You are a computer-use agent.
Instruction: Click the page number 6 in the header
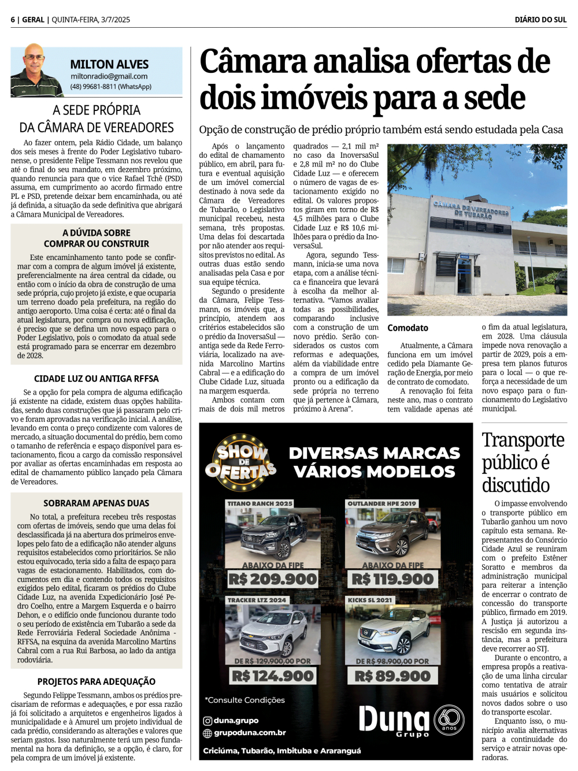tap(12, 20)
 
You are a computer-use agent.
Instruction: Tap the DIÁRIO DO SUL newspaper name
tap(540, 20)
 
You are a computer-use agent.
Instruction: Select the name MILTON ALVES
tap(109, 64)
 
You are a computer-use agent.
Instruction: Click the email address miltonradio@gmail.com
tap(109, 76)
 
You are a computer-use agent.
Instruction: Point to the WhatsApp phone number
tap(110, 87)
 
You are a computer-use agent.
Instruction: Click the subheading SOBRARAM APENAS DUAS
tap(96, 503)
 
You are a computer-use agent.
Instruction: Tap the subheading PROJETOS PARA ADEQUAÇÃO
tap(96, 681)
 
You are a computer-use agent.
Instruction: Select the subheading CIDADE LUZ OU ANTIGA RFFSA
tap(96, 379)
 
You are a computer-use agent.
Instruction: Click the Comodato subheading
tap(407, 328)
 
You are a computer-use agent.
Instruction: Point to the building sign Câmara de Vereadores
tap(470, 209)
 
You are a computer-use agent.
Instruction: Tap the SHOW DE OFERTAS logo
tap(241, 461)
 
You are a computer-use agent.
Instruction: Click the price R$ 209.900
tap(272, 579)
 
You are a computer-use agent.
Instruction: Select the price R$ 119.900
tap(392, 579)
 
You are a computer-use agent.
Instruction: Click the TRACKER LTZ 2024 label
tap(257, 600)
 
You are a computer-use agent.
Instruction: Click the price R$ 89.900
tap(392, 676)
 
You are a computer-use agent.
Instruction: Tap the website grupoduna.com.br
tap(250, 733)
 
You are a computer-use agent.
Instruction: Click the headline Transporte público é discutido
tap(523, 462)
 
